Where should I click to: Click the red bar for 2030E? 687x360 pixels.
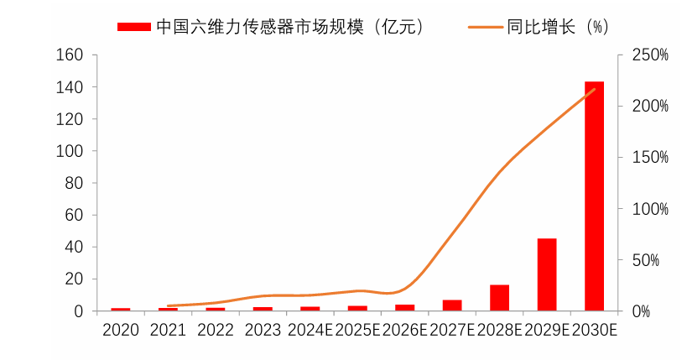594,196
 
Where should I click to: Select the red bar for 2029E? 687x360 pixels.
547,274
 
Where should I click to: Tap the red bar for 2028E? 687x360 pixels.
500,298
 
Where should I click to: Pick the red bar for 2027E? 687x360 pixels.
452,305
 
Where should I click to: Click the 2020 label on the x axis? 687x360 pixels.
121,330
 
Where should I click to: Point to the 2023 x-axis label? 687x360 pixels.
263,330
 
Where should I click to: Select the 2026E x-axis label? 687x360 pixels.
405,330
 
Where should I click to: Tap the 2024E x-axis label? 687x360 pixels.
310,330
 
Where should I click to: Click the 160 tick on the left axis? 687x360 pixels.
70,55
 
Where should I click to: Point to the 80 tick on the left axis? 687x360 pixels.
75,183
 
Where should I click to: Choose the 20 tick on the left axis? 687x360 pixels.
75,279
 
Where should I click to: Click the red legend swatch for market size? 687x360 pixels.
134,27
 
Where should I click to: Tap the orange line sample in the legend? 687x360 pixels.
485,27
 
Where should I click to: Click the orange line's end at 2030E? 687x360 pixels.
594,89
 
